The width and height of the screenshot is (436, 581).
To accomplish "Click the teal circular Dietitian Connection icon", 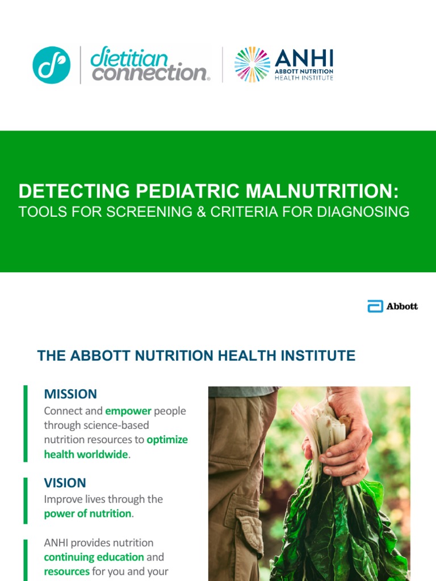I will point(52,65).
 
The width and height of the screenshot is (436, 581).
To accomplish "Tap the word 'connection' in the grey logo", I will point(149,73).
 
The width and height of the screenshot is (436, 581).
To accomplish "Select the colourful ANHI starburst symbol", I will point(252,65).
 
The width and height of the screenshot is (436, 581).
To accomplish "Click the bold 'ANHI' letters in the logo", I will point(304,58).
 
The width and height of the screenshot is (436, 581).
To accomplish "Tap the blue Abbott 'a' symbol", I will point(375,306).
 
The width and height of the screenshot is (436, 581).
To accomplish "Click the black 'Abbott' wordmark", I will point(402,306).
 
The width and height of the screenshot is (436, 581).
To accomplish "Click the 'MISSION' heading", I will point(70,394).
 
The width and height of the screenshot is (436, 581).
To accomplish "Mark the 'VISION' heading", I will point(65,483).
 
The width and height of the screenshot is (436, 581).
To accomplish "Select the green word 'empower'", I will point(128,411).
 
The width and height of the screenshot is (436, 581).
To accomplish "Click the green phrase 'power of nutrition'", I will point(87,513).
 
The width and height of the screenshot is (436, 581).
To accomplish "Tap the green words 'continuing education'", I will point(94,557).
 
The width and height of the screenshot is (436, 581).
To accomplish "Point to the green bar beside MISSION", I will point(26,423).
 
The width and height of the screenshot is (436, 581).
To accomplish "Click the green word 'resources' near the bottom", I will point(67,571).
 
